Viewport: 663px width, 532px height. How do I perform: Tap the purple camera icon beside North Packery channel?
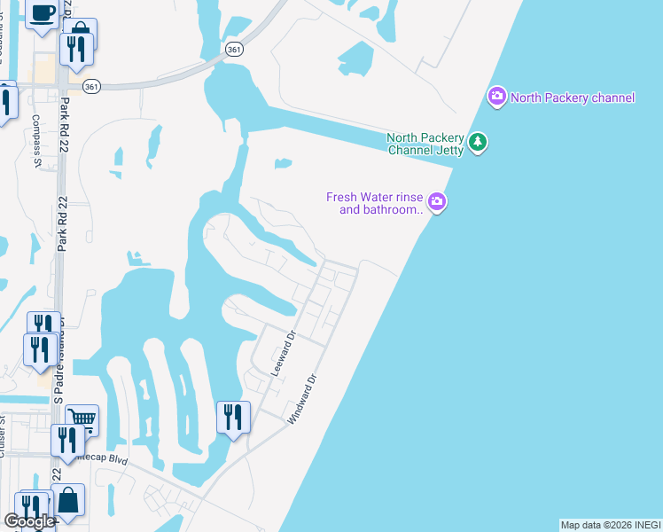click(x=496, y=96)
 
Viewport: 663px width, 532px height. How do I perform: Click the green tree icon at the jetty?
click(x=479, y=142)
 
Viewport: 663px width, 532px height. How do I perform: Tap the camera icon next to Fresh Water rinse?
click(x=437, y=203)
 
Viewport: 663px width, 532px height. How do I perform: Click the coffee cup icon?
click(x=43, y=12)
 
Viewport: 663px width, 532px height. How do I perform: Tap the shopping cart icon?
click(x=82, y=418)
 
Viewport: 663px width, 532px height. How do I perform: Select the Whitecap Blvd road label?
click(x=105, y=460)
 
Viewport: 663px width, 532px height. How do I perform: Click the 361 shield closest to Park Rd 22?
click(x=91, y=86)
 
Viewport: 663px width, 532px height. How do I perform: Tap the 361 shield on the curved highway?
click(x=233, y=51)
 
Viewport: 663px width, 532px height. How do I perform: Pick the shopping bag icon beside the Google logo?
click(x=68, y=500)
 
